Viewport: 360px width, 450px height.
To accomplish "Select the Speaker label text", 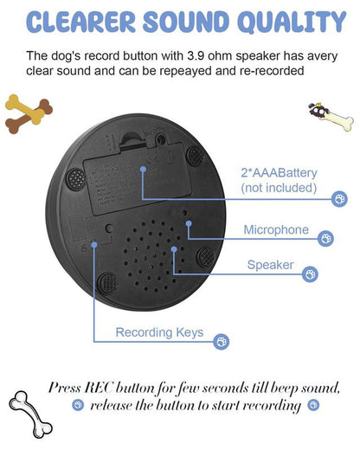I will pyautogui.click(x=270, y=266).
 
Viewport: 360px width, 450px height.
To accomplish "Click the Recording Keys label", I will pyautogui.click(x=160, y=332).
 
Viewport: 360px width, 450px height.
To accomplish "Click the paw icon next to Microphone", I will pyautogui.click(x=326, y=237).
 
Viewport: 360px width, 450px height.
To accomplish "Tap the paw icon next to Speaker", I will pyautogui.click(x=310, y=273).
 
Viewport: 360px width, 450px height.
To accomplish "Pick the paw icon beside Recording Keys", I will pyautogui.click(x=222, y=342).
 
